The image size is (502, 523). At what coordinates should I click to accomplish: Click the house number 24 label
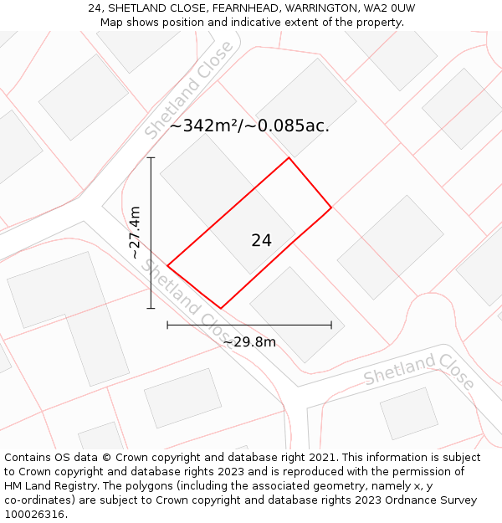coord(261,240)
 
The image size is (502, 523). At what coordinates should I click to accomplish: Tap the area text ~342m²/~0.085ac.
coord(249,126)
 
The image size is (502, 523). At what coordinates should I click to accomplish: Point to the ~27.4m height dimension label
coord(135,233)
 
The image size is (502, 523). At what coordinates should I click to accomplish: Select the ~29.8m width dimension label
coord(249,341)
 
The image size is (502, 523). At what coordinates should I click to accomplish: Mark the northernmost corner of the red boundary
coord(289,157)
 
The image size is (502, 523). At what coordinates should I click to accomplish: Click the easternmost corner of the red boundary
coord(331,207)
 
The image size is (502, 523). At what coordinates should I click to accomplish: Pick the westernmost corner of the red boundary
coord(167,266)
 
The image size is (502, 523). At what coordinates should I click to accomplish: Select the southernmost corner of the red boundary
coord(221,308)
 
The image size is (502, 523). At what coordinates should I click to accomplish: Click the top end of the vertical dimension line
coord(151,157)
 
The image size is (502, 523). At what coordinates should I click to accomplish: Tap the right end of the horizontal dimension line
coord(331,325)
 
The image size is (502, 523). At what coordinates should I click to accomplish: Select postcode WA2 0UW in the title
coord(390,8)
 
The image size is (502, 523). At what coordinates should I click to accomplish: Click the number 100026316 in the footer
coord(33,514)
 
